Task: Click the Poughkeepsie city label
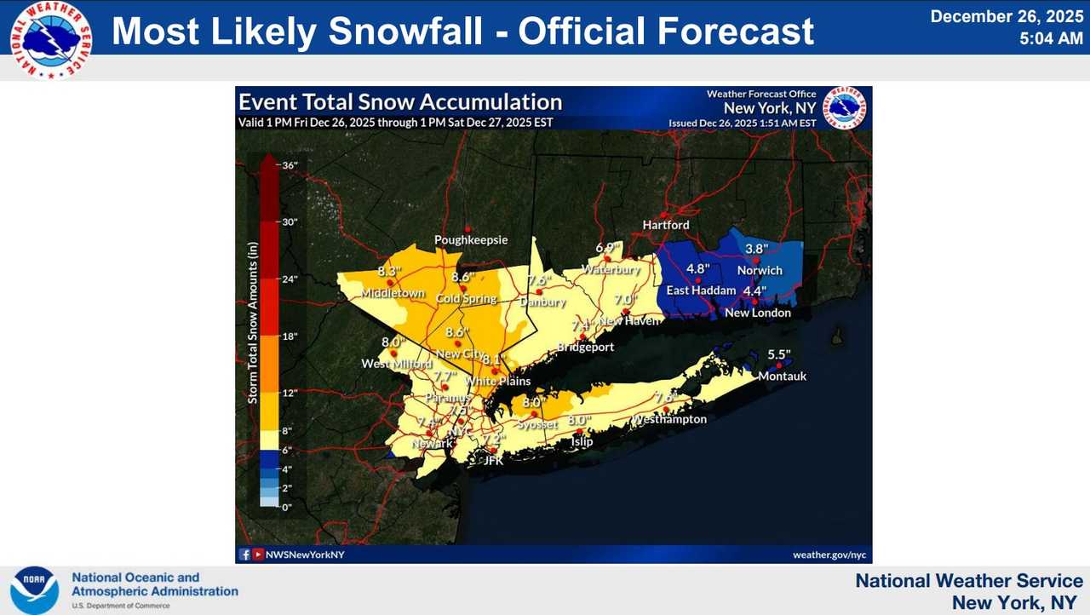tap(471, 240)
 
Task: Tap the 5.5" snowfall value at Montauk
tap(779, 354)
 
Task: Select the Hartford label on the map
tap(666, 225)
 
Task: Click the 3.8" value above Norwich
tap(757, 249)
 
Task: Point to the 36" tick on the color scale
tap(289, 165)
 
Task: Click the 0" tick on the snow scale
tap(287, 507)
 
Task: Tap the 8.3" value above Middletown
tap(389, 273)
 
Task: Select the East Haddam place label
tap(701, 290)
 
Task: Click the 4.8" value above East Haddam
tap(698, 268)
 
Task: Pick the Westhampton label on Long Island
tap(668, 419)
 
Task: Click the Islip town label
tap(582, 441)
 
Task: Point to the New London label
tap(757, 313)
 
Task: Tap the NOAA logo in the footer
tap(34, 589)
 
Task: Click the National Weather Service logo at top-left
tap(51, 39)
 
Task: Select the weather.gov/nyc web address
tap(829, 555)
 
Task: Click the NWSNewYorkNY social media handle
tap(305, 555)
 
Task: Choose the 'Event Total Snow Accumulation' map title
tap(400, 102)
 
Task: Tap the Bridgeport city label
tap(585, 348)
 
